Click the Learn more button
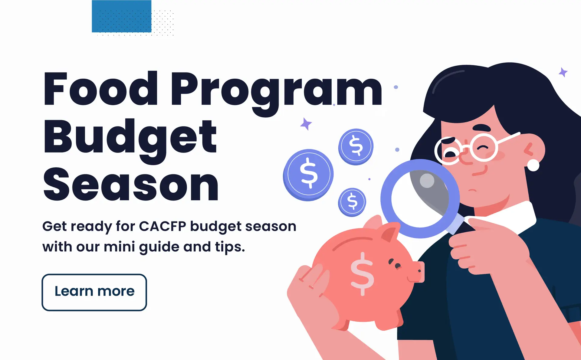[x=94, y=292]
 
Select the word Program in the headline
[x=277, y=94]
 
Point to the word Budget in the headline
[x=130, y=141]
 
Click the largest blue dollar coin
[x=308, y=175]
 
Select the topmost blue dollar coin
[x=356, y=147]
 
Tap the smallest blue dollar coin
[x=352, y=202]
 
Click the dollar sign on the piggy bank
[x=362, y=274]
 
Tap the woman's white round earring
[x=533, y=165]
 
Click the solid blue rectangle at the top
[x=122, y=16]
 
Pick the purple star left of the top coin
[x=306, y=124]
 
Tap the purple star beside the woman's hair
[x=563, y=72]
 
